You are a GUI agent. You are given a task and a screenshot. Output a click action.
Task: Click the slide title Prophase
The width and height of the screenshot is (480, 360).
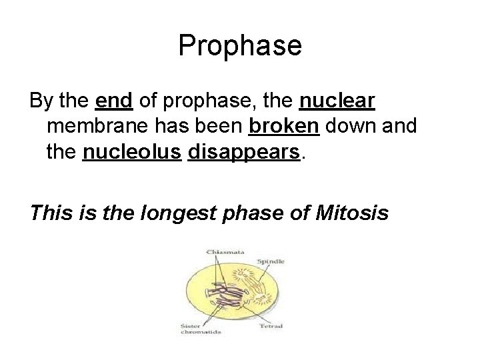pyautogui.click(x=240, y=46)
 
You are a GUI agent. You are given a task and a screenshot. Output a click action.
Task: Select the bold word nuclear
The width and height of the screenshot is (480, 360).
pyautogui.click(x=338, y=101)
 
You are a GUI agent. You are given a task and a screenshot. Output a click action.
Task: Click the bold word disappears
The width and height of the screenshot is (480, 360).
pyautogui.click(x=244, y=153)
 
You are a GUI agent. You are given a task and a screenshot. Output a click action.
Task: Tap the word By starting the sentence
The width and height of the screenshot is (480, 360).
pyautogui.click(x=39, y=101)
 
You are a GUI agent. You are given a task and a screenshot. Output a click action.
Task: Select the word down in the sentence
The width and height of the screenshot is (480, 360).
pyautogui.click(x=354, y=127)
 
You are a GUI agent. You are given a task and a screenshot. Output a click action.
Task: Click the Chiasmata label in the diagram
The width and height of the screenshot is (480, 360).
pyautogui.click(x=225, y=251)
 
